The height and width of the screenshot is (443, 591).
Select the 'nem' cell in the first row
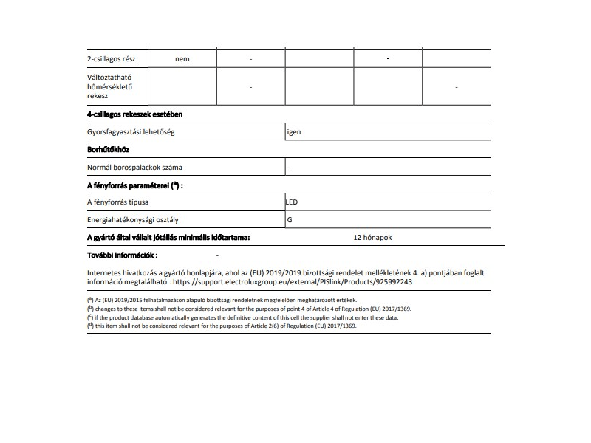point(182,59)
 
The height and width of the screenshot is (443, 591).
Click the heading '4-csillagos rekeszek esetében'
point(135,114)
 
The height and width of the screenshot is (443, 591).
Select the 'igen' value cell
point(295,132)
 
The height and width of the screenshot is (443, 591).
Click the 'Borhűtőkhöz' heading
point(109,150)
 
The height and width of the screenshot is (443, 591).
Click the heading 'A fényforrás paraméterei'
point(134,185)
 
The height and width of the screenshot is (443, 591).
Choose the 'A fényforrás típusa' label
point(123,202)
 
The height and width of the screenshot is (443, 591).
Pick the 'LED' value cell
point(292,202)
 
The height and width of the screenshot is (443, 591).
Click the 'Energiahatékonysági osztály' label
point(133,220)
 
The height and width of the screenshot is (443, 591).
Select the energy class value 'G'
point(290,220)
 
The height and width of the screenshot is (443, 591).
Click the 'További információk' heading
point(123,255)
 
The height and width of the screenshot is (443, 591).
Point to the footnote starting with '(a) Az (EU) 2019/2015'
point(222,300)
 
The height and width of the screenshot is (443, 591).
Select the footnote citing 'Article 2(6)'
point(222,326)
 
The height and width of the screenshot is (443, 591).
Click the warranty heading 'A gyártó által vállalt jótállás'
point(168,238)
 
